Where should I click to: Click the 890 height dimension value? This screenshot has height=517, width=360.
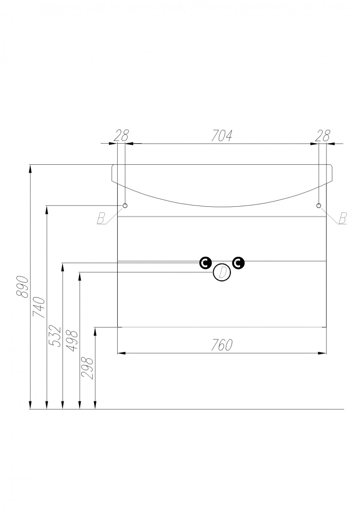click(22, 286)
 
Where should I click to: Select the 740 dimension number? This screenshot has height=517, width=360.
click(39, 307)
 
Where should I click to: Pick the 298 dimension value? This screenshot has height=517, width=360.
click(88, 368)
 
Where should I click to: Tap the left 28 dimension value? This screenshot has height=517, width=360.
click(121, 136)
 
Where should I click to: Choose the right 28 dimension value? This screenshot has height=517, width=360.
click(322, 136)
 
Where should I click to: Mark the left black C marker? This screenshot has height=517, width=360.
click(205, 263)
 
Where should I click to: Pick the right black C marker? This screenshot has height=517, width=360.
click(238, 263)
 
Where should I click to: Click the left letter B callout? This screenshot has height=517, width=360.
click(101, 218)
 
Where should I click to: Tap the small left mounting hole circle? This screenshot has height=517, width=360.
click(125, 206)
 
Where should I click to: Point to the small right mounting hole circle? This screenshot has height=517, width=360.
click(319, 206)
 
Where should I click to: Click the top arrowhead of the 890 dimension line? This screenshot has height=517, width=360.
click(30, 168)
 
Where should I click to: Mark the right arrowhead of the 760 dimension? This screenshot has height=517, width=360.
click(322, 353)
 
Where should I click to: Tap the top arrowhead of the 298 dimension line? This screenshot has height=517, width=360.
click(95, 331)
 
